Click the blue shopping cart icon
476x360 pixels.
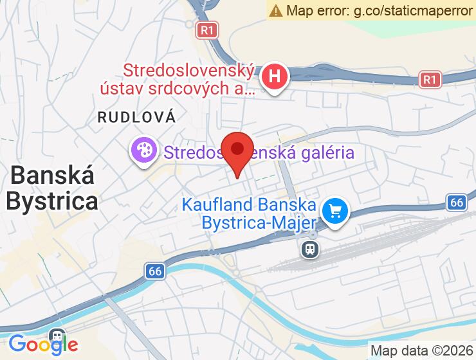point(334,210)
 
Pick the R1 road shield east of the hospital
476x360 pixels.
point(429,80)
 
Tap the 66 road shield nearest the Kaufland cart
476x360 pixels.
point(456,203)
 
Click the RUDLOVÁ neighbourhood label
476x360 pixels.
point(136,117)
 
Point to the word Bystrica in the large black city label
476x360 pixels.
point(51,201)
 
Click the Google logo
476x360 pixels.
point(43,344)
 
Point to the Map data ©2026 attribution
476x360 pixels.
point(421,350)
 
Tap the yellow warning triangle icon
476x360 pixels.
point(276,10)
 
